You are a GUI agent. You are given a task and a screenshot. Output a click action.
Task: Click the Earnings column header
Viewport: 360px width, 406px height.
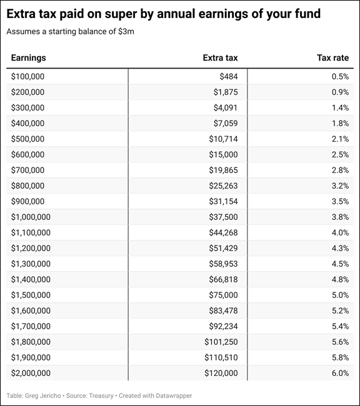pos(29,57)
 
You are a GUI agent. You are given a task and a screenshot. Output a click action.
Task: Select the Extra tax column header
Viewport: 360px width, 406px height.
pos(220,57)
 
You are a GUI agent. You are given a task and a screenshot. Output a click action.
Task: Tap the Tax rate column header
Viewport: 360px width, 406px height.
pos(332,57)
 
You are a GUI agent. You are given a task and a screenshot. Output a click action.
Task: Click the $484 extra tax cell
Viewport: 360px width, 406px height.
pos(229,77)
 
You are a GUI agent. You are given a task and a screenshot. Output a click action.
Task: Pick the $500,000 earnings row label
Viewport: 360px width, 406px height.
pos(27,139)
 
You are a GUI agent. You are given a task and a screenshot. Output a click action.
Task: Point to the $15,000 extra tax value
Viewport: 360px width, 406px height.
pos(223,154)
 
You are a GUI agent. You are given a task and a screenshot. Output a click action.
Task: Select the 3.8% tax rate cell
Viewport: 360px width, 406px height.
pos(340,217)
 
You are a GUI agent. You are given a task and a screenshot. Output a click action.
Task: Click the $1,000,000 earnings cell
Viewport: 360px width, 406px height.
pos(31,217)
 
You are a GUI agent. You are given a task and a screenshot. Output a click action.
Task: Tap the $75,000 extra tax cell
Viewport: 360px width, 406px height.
pos(223,295)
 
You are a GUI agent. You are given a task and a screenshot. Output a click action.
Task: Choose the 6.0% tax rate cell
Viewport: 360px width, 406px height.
pos(340,373)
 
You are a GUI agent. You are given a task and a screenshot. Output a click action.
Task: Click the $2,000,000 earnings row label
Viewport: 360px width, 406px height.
pos(31,373)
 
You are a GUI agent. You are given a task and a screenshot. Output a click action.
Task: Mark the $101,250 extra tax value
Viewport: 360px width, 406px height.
pos(221,342)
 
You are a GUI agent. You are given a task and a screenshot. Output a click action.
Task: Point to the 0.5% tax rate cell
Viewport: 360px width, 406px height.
pos(340,77)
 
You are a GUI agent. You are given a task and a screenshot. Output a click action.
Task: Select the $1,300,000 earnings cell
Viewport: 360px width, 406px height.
pos(31,264)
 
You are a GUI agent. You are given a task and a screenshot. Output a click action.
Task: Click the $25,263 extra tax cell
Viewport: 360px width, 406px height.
pos(223,186)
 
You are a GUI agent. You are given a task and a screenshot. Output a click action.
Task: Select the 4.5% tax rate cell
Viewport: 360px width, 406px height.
pos(340,264)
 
